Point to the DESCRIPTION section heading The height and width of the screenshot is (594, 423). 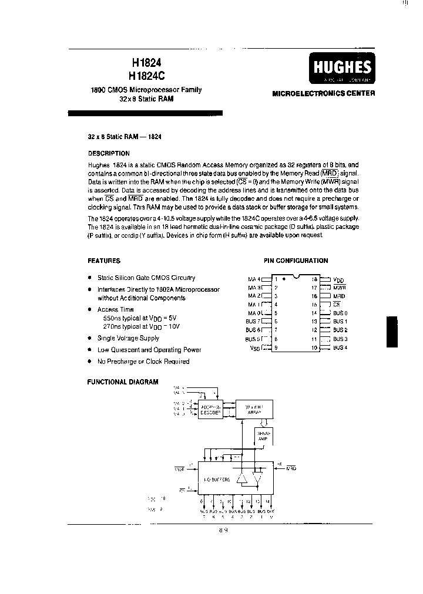[x=109, y=153]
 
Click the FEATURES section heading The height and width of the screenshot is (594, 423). [x=104, y=261]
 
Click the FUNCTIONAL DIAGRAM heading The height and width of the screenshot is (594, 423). [x=123, y=382]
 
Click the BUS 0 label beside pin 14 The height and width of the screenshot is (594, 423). [x=340, y=313]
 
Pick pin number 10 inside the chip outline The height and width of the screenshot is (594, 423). [x=314, y=347]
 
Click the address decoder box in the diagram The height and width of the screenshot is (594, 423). [x=210, y=409]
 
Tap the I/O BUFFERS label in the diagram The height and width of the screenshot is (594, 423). [x=217, y=480]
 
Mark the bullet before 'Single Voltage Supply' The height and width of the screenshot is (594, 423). [x=89, y=338]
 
